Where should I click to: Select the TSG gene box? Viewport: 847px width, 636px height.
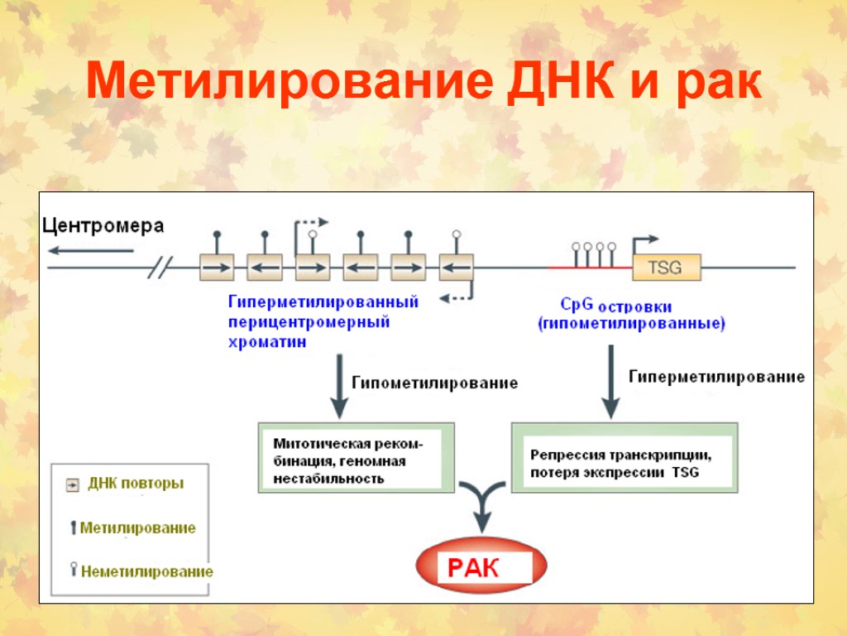(667, 267)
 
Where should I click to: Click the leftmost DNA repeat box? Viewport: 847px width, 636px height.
(217, 267)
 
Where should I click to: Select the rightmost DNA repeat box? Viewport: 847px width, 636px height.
(456, 267)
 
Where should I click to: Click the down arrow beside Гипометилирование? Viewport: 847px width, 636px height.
(338, 386)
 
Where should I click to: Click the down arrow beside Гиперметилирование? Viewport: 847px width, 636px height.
(610, 381)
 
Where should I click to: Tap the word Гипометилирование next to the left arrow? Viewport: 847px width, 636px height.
(435, 383)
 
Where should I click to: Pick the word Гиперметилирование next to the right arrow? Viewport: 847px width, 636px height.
(716, 377)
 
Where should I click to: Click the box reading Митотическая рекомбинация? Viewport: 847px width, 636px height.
(357, 457)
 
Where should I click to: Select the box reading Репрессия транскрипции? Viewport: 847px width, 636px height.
(623, 457)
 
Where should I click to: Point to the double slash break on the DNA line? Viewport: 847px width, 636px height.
(162, 267)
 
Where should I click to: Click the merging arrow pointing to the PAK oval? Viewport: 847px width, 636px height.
(481, 506)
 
